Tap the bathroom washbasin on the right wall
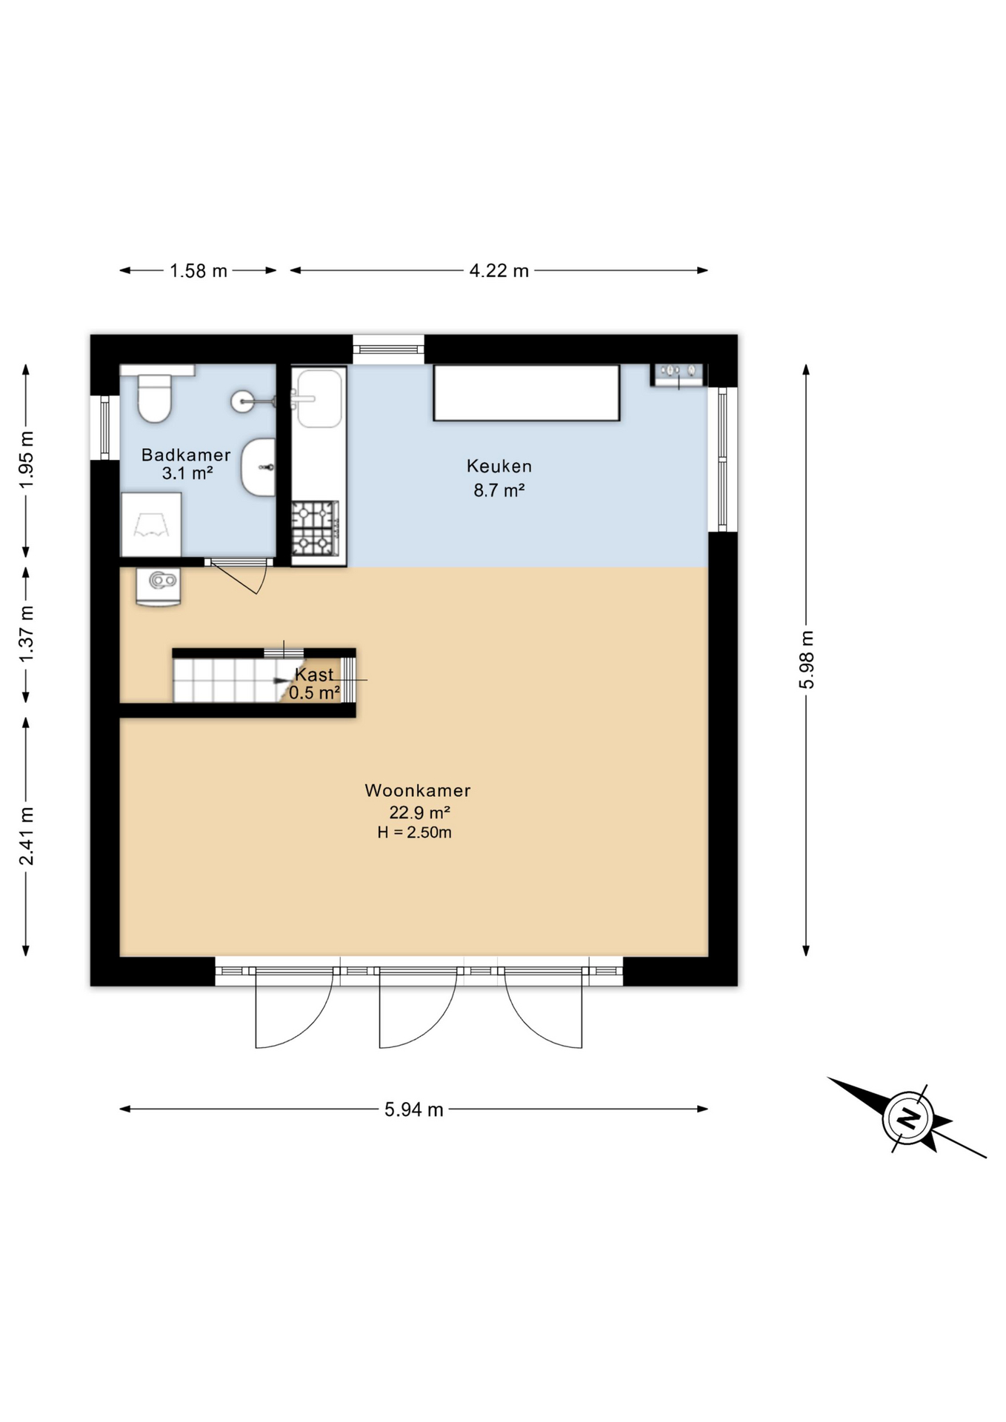point(259,467)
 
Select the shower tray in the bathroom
point(151,524)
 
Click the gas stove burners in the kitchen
point(314,528)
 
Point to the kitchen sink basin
point(319,398)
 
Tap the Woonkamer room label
point(418,790)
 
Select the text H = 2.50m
point(414,832)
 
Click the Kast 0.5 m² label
point(314,684)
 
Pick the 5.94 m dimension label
point(413,1109)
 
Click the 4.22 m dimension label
point(499,271)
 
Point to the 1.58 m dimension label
point(198,271)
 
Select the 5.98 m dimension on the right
point(806,659)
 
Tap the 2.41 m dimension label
point(27,835)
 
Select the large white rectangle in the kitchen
point(526,393)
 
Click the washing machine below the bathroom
point(158,586)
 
